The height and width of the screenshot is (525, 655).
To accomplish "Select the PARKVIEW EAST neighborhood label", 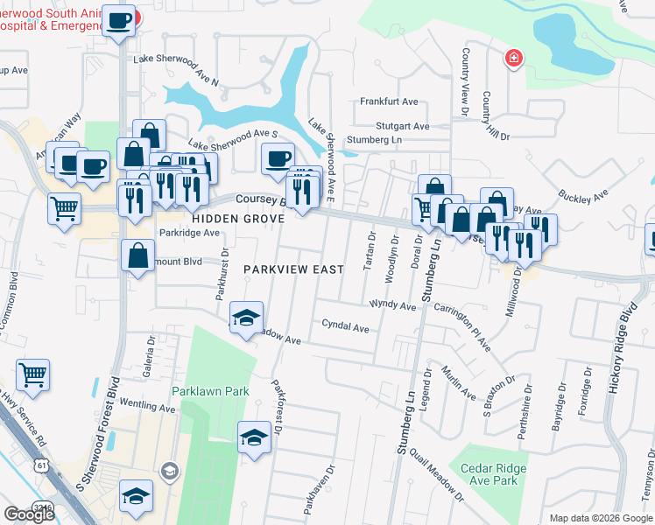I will tap(293, 269).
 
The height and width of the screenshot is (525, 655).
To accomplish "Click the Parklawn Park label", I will tap(210, 391).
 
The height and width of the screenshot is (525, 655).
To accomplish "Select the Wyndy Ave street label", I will tap(392, 306).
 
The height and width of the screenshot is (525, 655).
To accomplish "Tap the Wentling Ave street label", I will tap(148, 407).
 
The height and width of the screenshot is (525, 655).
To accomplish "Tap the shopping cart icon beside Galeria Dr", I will tap(32, 374).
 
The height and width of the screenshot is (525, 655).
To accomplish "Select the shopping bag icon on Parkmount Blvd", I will tap(138, 255).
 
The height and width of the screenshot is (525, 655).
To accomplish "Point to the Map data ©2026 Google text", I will tap(600, 518).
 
